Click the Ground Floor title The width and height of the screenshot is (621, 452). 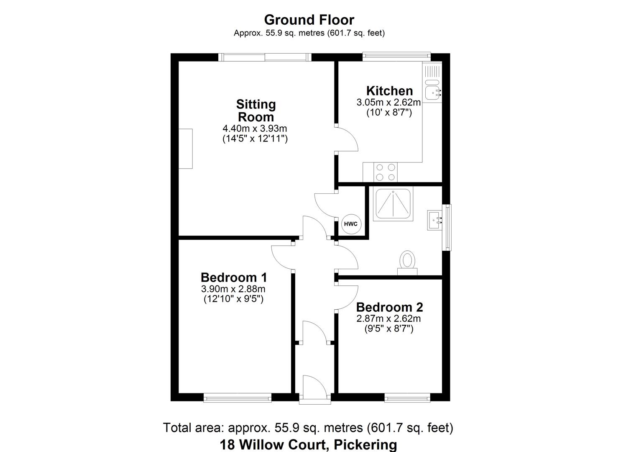pyautogui.click(x=309, y=20)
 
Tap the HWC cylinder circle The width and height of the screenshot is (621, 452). pyautogui.click(x=350, y=224)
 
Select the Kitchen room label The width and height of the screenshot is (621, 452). pyautogui.click(x=389, y=91)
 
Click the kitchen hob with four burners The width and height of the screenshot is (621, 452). pyautogui.click(x=386, y=172)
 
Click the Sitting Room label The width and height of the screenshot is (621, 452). pyautogui.click(x=256, y=110)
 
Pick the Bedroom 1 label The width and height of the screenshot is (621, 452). pyautogui.click(x=234, y=277)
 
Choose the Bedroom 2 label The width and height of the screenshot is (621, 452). pyautogui.click(x=389, y=307)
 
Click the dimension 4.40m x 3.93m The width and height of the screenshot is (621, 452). pyautogui.click(x=255, y=128)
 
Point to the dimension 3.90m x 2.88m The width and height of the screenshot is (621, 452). pyautogui.click(x=233, y=289)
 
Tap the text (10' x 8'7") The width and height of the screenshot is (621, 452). pyautogui.click(x=389, y=112)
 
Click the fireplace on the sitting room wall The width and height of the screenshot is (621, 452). pyautogui.click(x=186, y=149)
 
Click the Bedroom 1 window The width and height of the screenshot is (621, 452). pyautogui.click(x=238, y=398)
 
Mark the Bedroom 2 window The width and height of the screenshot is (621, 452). pyautogui.click(x=407, y=398)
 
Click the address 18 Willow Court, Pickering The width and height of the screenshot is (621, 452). pyautogui.click(x=309, y=444)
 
